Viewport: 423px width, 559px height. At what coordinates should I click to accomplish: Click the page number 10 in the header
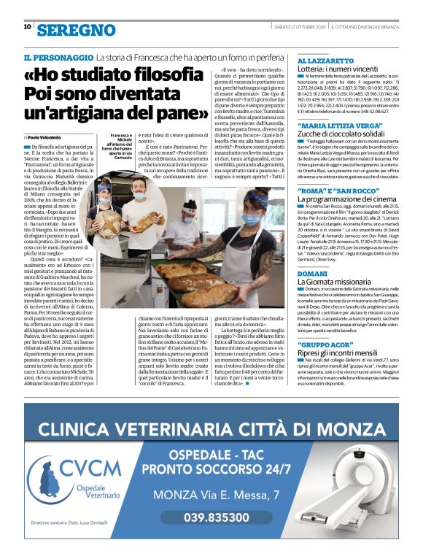(x=27, y=27)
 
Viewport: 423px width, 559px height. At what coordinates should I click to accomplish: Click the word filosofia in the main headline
(x=157, y=76)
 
